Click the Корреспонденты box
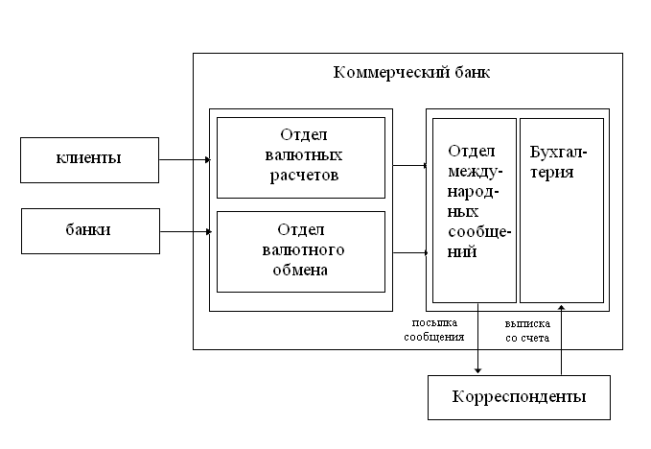pyautogui.click(x=518, y=395)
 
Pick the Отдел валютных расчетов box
pyautogui.click(x=301, y=156)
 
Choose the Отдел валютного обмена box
pyautogui.click(x=301, y=250)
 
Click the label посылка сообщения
pyautogui.click(x=434, y=330)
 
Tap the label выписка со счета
pyautogui.click(x=527, y=330)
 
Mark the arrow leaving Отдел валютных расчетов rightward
pyautogui.click(x=409, y=165)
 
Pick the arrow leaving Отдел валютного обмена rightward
pyautogui.click(x=409, y=252)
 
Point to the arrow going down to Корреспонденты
pyautogui.click(x=477, y=341)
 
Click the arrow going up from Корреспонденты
pyautogui.click(x=563, y=341)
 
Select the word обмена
pyautogui.click(x=302, y=271)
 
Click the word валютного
pyautogui.click(x=302, y=250)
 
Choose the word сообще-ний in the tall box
pyautogui.click(x=475, y=243)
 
